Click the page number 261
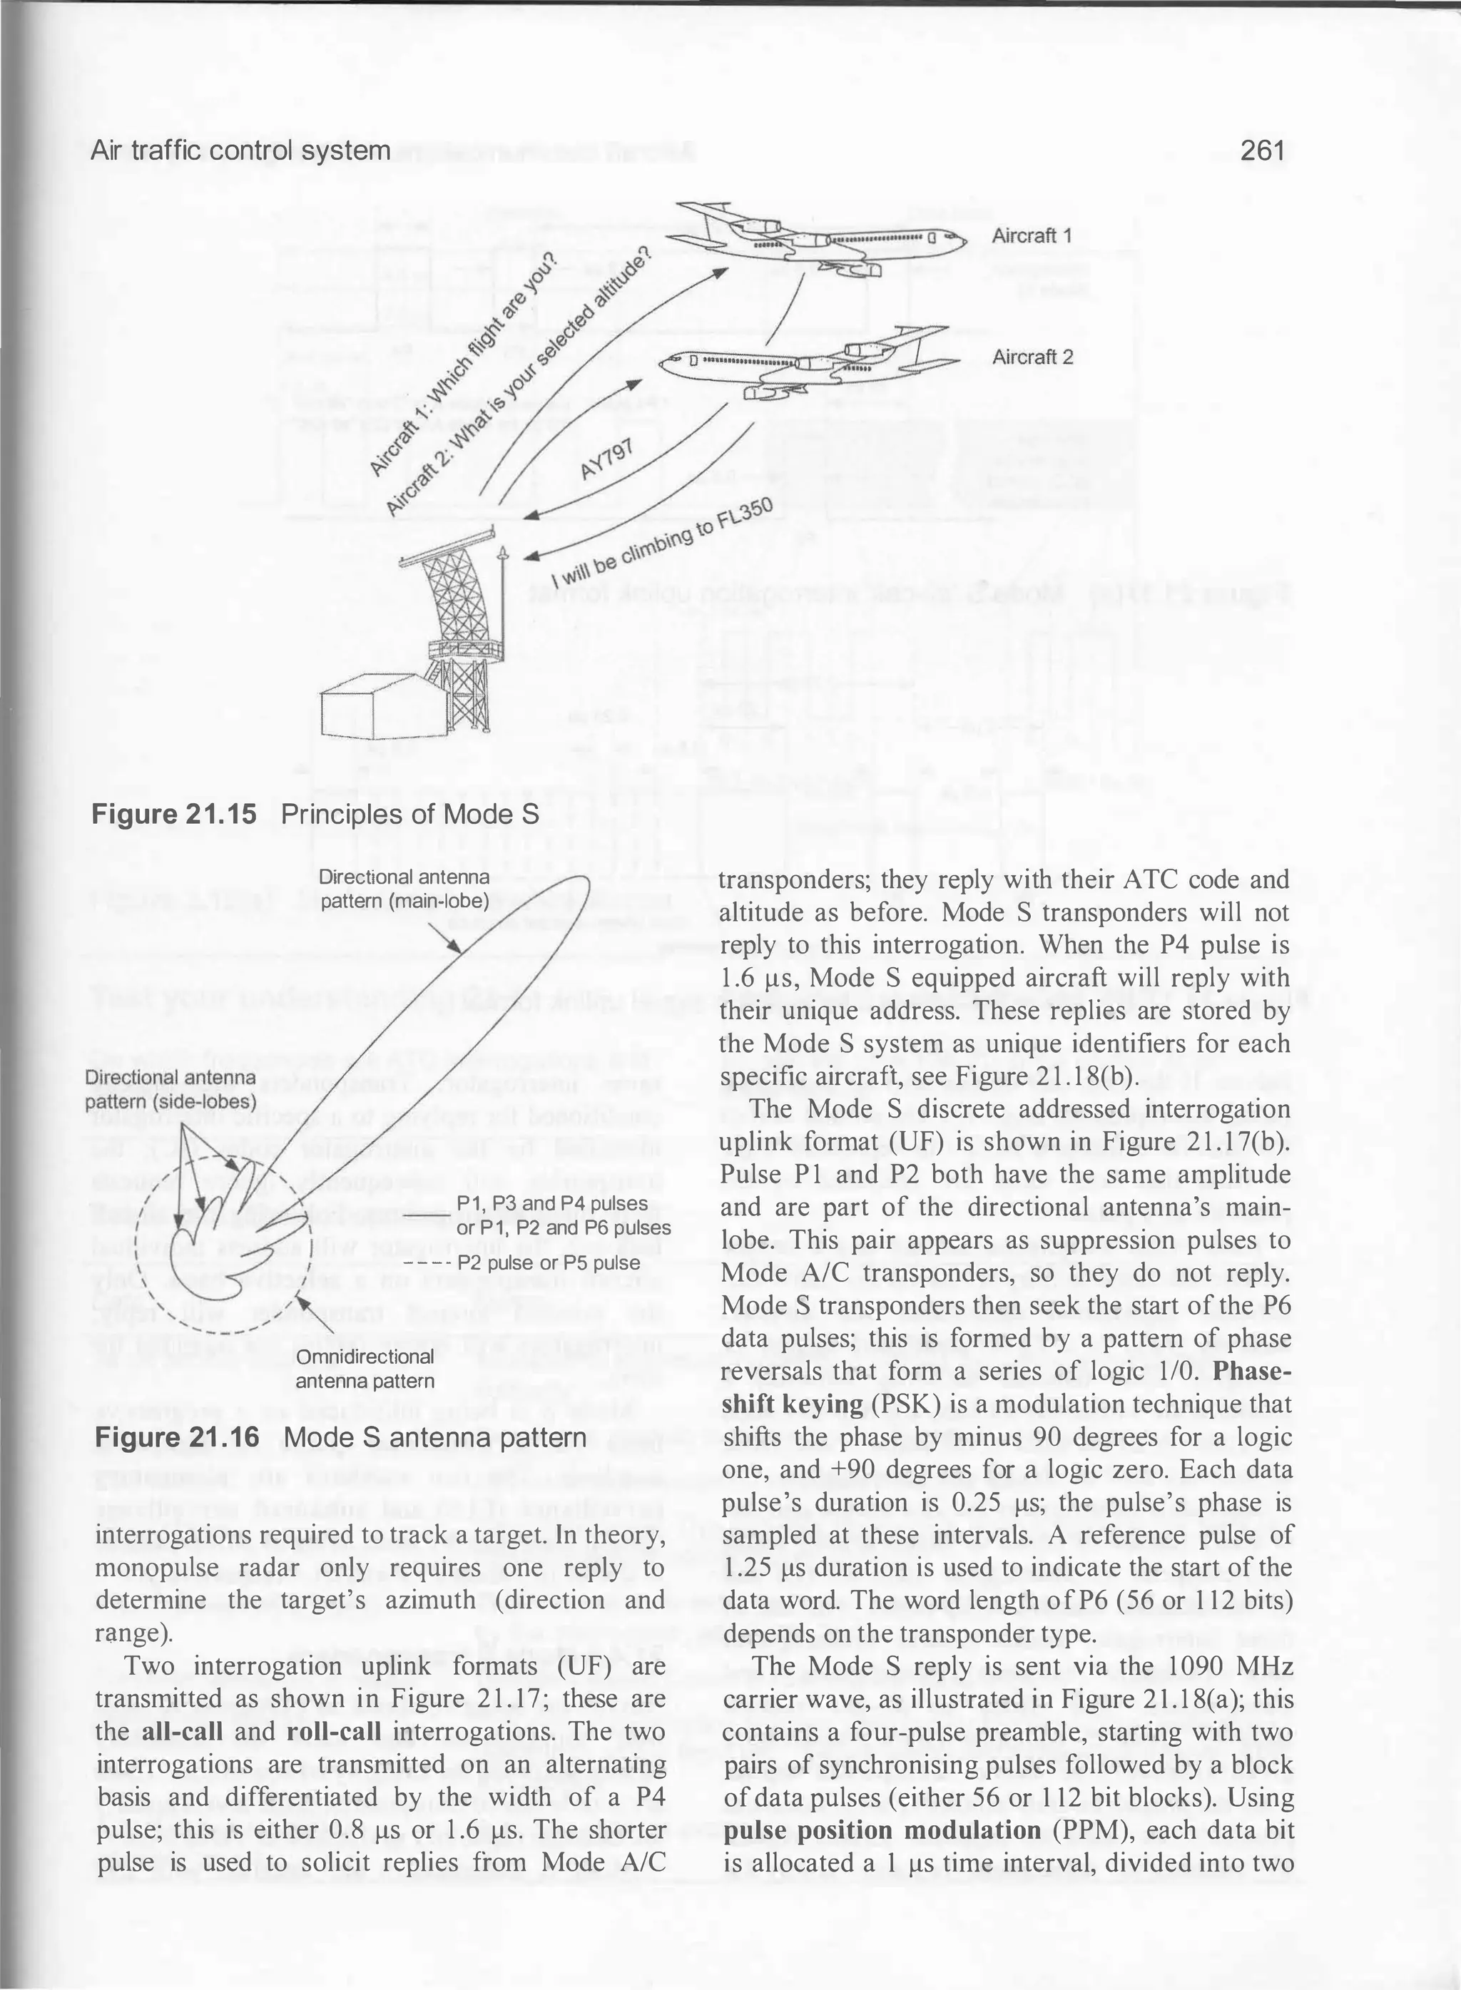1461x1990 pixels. pyautogui.click(x=1262, y=150)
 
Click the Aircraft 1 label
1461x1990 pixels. pyautogui.click(x=1032, y=235)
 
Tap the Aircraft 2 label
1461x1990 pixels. pyautogui.click(x=1032, y=357)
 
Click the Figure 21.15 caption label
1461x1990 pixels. pyautogui.click(x=174, y=813)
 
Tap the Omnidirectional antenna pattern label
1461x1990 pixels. pyautogui.click(x=365, y=1369)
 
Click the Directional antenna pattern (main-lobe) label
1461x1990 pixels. pyautogui.click(x=404, y=889)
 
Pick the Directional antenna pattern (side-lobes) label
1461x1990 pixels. pyautogui.click(x=170, y=1090)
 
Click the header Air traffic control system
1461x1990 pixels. pyautogui.click(x=240, y=150)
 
